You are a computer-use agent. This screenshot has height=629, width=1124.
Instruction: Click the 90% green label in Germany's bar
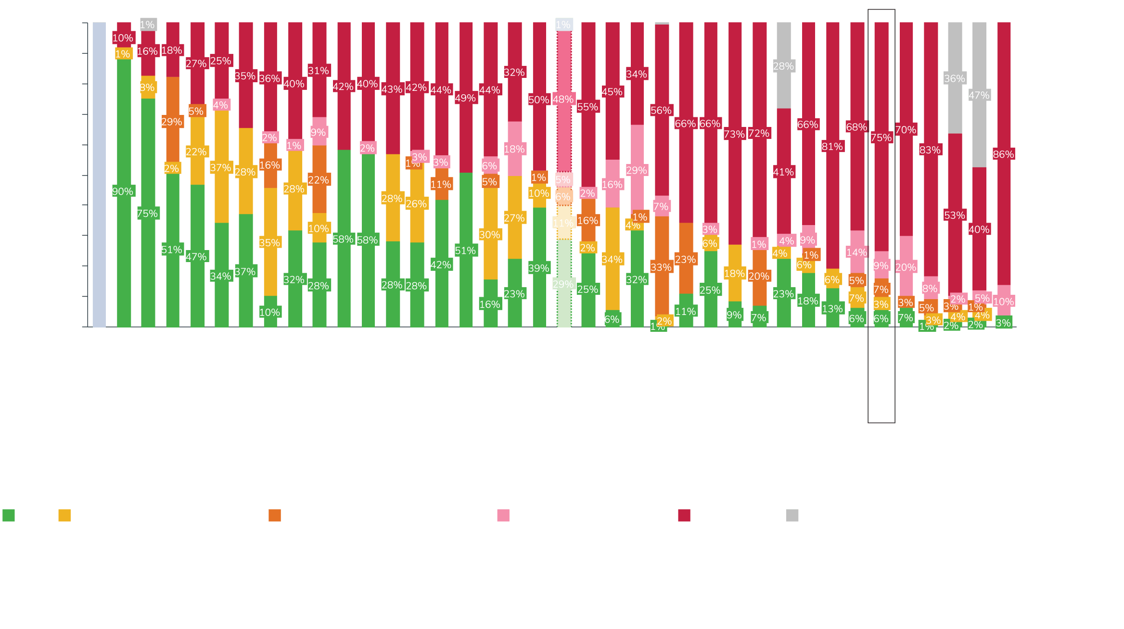pyautogui.click(x=123, y=191)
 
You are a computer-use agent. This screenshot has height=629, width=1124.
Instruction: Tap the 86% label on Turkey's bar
pyautogui.click(x=1003, y=154)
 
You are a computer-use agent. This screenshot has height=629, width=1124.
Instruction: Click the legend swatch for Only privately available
pyautogui.click(x=503, y=516)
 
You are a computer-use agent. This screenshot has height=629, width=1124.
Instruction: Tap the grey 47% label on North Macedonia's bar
pyautogui.click(x=979, y=95)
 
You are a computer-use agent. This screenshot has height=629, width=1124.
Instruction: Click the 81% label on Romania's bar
pyautogui.click(x=832, y=147)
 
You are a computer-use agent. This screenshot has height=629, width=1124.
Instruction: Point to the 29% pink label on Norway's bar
pyautogui.click(x=637, y=170)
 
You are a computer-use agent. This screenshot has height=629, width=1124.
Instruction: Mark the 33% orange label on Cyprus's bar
pyautogui.click(x=661, y=267)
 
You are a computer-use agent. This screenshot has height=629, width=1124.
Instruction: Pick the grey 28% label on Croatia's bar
pyautogui.click(x=783, y=66)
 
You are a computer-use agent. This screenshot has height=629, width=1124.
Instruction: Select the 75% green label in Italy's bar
pyautogui.click(x=147, y=214)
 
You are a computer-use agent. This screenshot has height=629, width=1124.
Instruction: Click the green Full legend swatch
pyautogui.click(x=9, y=516)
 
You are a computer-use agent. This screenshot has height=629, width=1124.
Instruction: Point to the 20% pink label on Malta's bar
pyautogui.click(x=906, y=267)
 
